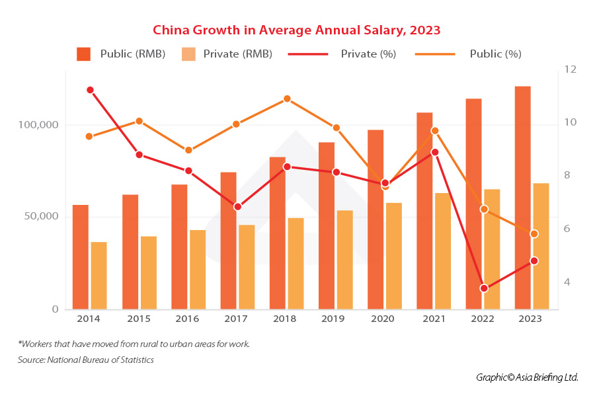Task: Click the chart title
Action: pyautogui.click(x=296, y=30)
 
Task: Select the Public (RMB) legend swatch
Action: pyautogui.click(x=83, y=54)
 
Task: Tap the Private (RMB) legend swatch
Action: pyautogui.click(x=188, y=54)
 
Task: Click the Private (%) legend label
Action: pyautogui.click(x=368, y=54)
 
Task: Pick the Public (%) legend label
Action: pyautogui.click(x=495, y=54)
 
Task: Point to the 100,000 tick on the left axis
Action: pyautogui.click(x=37, y=125)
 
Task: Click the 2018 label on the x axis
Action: pyautogui.click(x=284, y=319)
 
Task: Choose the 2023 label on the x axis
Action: pyautogui.click(x=530, y=319)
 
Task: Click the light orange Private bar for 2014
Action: pyautogui.click(x=99, y=276)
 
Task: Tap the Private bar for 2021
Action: pyautogui.click(x=442, y=251)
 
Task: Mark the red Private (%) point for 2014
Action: pyautogui.click(x=90, y=90)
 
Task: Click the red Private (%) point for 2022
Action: pyautogui.click(x=484, y=288)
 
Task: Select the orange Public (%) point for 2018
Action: pyautogui.click(x=287, y=99)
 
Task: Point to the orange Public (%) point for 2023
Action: pyautogui.click(x=534, y=234)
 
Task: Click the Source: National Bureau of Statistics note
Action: pyautogui.click(x=85, y=360)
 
